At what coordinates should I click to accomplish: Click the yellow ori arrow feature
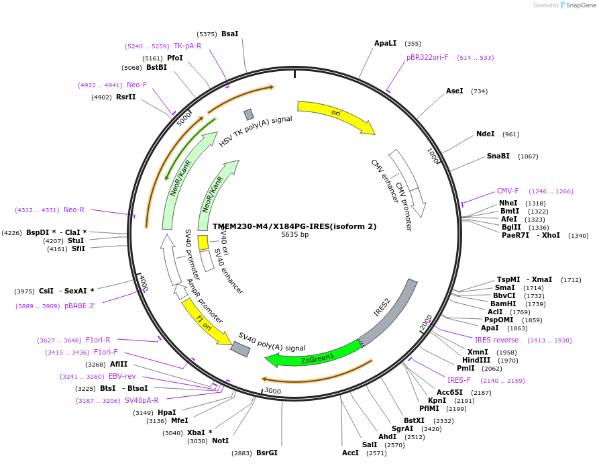[335, 115]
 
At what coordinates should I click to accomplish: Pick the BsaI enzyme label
[229, 34]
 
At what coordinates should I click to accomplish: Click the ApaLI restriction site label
[386, 43]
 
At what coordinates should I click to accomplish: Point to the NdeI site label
[485, 134]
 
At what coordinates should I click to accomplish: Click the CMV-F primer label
[508, 191]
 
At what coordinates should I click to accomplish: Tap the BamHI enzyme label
[503, 304]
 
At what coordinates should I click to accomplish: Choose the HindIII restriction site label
[476, 360]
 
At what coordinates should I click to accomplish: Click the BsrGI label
[266, 453]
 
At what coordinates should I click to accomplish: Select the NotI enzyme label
[220, 440]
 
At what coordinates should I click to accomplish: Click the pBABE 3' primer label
[80, 306]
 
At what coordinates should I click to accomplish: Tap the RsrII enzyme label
[126, 97]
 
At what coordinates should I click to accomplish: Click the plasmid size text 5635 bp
[295, 235]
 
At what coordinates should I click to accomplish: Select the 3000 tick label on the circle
[272, 390]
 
